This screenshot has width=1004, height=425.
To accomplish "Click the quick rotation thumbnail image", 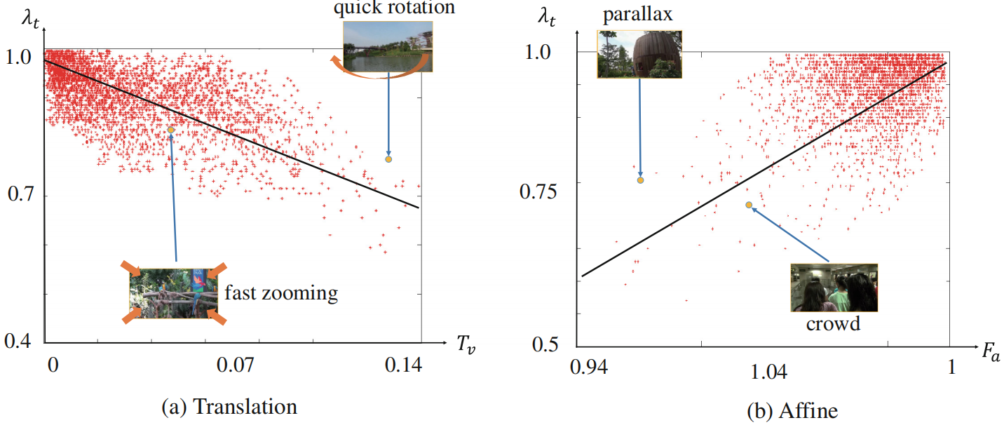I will (x=387, y=46).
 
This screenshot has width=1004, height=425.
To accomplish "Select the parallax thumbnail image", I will (x=639, y=53).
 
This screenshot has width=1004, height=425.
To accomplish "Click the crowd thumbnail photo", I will (x=834, y=288).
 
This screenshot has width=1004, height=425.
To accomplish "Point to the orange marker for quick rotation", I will (x=388, y=159).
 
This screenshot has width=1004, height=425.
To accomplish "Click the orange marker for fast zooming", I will (x=170, y=130).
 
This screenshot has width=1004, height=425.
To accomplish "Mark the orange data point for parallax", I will (x=640, y=180).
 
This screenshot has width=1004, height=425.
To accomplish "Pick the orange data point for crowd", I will (x=749, y=205).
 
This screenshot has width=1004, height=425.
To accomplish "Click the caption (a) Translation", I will (x=229, y=407).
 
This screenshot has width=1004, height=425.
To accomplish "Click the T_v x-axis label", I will (x=466, y=345).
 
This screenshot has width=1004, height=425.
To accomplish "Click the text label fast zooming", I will (x=280, y=292).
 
